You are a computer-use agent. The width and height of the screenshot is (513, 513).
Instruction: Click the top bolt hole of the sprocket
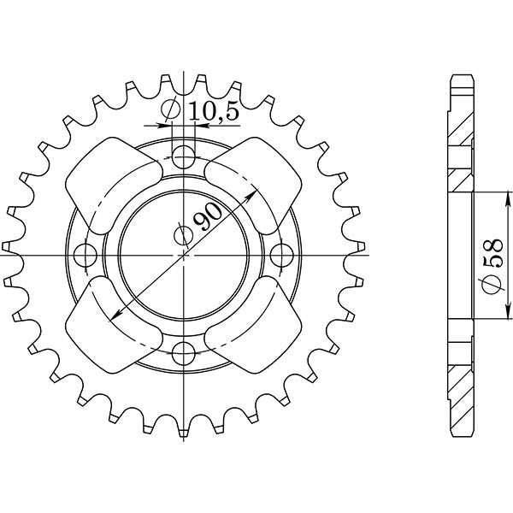pos(184,156)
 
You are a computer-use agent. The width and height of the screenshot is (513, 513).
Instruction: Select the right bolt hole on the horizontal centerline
pos(280,254)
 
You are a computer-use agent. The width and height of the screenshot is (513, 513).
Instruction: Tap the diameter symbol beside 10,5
pos(171,110)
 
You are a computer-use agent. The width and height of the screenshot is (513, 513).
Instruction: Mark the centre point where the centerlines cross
pos(184,254)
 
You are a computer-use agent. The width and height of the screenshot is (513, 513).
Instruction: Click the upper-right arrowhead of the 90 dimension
pos(254,192)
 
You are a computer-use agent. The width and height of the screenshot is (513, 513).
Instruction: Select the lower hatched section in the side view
pos(460,376)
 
